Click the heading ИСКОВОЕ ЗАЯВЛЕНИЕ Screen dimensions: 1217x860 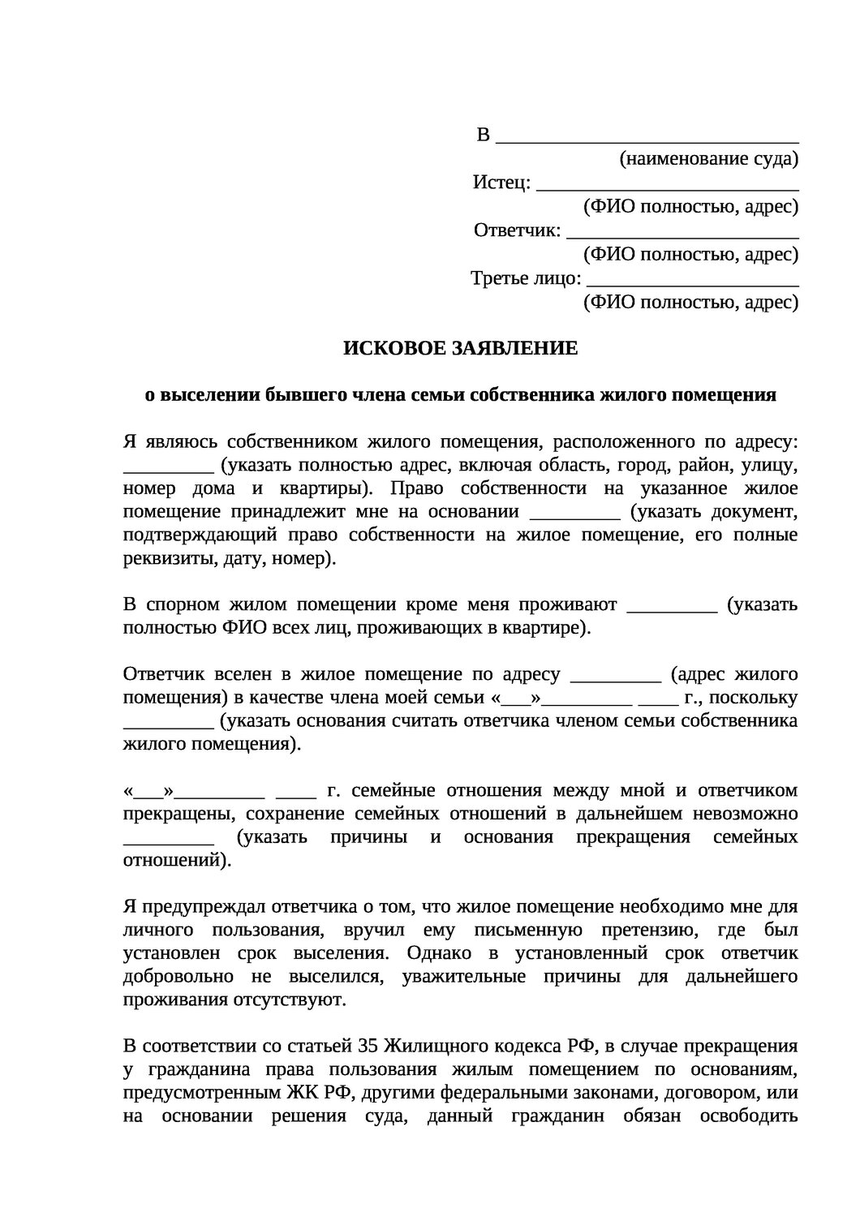(x=461, y=348)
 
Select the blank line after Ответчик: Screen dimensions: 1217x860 (x=682, y=233)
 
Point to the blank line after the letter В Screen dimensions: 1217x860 (x=647, y=136)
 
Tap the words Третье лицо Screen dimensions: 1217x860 (x=526, y=280)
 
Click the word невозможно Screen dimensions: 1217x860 (x=744, y=814)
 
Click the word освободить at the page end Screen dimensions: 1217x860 (x=744, y=1116)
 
